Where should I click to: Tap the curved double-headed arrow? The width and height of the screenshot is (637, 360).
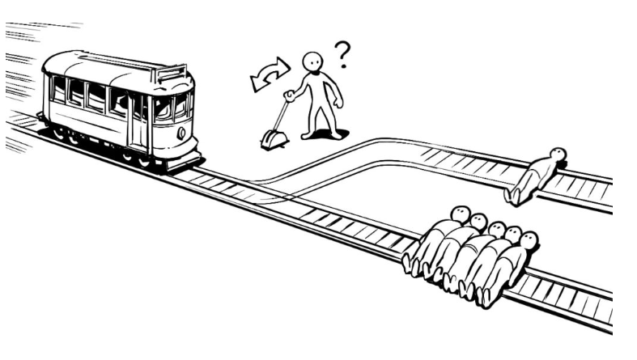[270, 74]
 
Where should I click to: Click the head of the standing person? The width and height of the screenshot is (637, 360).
[311, 62]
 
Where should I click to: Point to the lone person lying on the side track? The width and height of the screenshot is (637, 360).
[535, 174]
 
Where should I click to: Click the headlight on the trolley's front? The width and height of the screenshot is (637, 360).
[180, 132]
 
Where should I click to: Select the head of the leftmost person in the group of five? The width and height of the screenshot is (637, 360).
[461, 214]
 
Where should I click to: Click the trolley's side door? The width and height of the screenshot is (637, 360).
[138, 121]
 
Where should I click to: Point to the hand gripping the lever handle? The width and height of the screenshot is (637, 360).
[288, 95]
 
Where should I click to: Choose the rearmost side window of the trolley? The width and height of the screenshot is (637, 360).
[58, 88]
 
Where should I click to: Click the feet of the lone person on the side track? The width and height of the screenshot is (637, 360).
[512, 194]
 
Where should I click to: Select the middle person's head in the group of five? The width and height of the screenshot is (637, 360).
[496, 230]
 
